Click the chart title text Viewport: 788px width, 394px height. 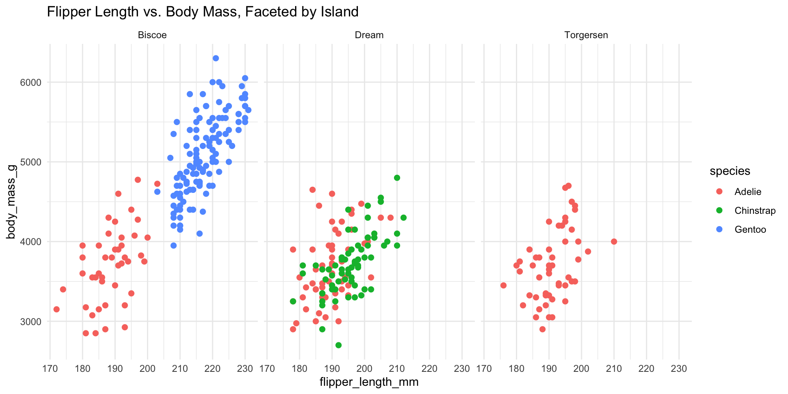coord(203,11)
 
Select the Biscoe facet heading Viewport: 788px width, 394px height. coord(152,35)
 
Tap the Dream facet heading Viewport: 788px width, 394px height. coord(369,35)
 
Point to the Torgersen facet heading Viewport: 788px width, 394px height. coord(586,35)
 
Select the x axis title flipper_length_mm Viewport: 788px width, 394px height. coord(369,382)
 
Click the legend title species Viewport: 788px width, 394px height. coord(730,171)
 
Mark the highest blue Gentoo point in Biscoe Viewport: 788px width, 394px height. coord(216,58)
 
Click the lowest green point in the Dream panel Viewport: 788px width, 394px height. coord(339,345)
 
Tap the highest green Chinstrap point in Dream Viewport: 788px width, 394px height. coord(397,178)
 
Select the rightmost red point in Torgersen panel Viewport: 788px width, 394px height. coord(614,242)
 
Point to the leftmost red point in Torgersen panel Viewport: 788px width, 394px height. coord(504,285)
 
